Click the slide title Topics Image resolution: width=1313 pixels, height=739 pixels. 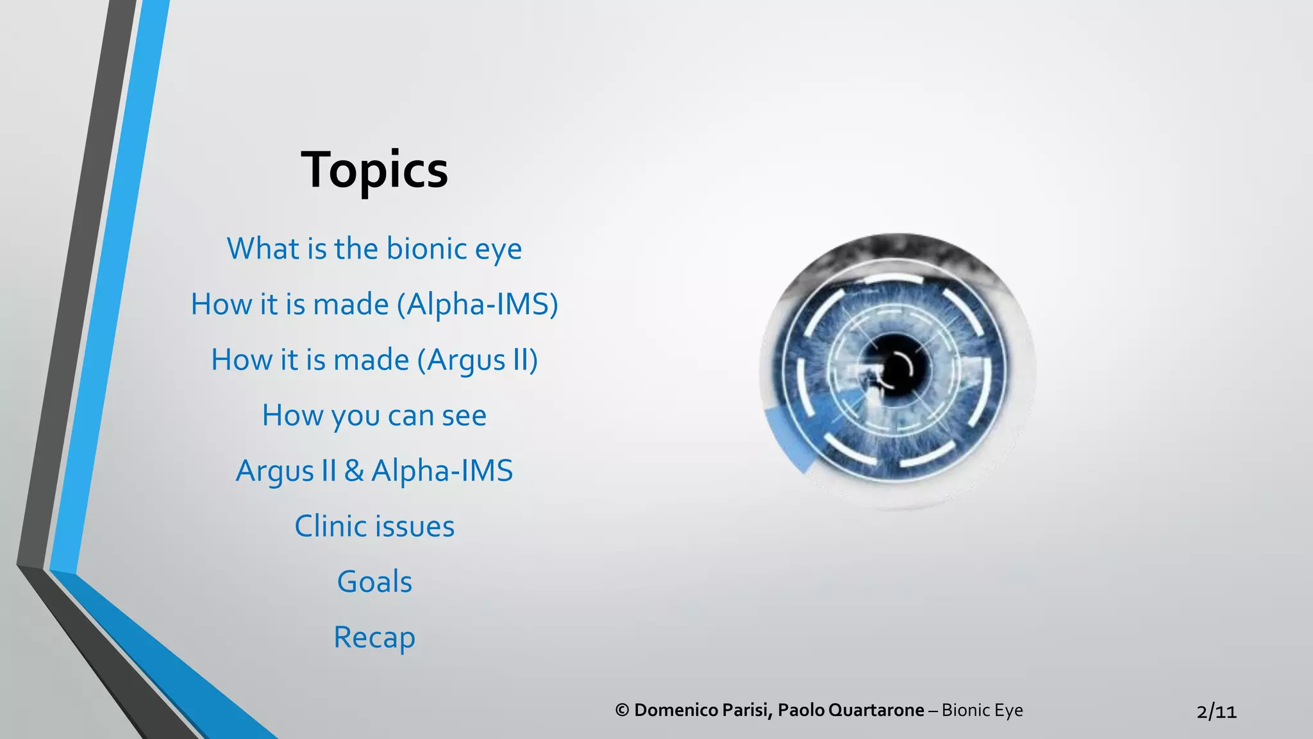[x=374, y=170]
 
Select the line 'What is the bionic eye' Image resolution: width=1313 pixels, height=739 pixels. [x=374, y=249]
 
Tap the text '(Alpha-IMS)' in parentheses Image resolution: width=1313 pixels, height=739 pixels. [x=478, y=304]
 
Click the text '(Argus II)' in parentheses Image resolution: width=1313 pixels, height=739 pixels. [x=478, y=360]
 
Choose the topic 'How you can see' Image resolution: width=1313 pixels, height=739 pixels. [x=374, y=416]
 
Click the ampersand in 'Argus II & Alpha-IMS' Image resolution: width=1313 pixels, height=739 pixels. [x=353, y=471]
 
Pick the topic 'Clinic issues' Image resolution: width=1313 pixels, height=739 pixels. [x=374, y=527]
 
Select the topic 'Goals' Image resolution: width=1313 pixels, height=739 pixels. [x=374, y=582]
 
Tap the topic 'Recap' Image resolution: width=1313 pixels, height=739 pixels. [x=374, y=638]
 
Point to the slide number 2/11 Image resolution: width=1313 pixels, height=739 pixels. [x=1216, y=711]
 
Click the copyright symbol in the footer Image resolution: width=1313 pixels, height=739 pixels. [x=622, y=710]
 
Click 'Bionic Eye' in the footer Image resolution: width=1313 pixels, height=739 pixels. [x=982, y=710]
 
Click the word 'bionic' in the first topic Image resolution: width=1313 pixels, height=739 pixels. [x=426, y=249]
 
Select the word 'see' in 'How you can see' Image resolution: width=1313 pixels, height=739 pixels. [x=464, y=416]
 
